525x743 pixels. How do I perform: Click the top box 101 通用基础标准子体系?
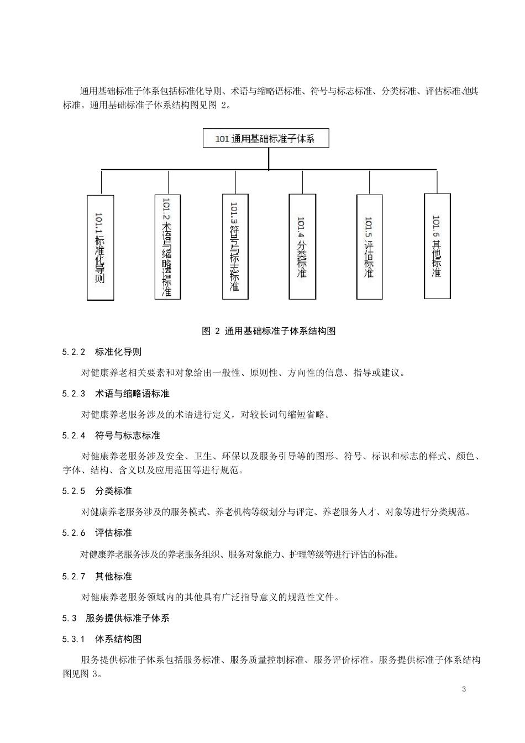point(266,138)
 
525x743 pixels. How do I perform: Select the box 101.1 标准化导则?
point(101,247)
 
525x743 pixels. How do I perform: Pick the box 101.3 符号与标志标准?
point(235,247)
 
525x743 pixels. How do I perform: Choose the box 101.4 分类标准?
point(303,247)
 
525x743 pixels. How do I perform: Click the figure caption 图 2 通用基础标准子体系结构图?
point(269,331)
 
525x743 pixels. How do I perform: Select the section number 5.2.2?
point(74,352)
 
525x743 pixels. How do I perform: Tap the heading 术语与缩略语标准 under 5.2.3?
point(132,394)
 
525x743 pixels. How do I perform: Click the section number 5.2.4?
point(74,436)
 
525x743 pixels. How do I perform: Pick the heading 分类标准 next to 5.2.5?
point(113,491)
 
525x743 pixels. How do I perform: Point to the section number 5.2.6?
point(74,533)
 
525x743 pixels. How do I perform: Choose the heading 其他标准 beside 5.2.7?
point(113,577)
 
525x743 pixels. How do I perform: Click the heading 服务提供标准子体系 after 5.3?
point(128,619)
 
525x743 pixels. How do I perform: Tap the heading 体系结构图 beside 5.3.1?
point(118,640)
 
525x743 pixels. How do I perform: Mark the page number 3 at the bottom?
point(464,689)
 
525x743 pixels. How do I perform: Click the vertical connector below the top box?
point(268,158)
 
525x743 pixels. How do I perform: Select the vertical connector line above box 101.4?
point(303,182)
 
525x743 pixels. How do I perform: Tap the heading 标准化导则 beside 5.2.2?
point(118,352)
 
